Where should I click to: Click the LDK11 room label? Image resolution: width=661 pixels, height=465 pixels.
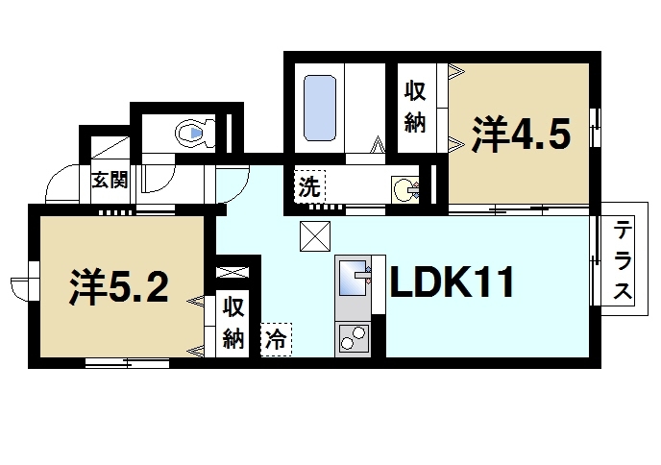pos(453,283)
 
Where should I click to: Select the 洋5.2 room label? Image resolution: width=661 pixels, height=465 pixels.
pos(119,285)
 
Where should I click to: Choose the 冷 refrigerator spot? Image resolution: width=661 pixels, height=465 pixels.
pos(277,338)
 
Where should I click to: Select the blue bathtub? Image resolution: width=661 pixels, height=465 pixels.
pos(319,108)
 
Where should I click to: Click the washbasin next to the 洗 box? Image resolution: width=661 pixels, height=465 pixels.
pos(404,188)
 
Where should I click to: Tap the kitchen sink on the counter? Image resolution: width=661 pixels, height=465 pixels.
pos(353,278)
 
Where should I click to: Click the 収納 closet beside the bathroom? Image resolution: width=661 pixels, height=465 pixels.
pos(415,108)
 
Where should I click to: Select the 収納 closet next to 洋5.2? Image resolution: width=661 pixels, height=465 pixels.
pos(233,323)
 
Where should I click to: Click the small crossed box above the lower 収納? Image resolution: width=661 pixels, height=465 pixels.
pos(233,272)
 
